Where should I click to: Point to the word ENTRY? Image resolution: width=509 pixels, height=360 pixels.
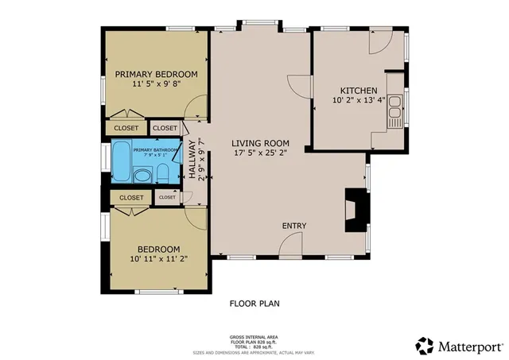(294, 226)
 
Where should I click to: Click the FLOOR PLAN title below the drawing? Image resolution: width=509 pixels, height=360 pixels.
(254, 303)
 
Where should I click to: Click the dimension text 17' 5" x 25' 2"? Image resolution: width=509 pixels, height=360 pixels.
(258, 155)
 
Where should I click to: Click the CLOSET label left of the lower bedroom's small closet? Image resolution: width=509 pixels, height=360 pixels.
(131, 198)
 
